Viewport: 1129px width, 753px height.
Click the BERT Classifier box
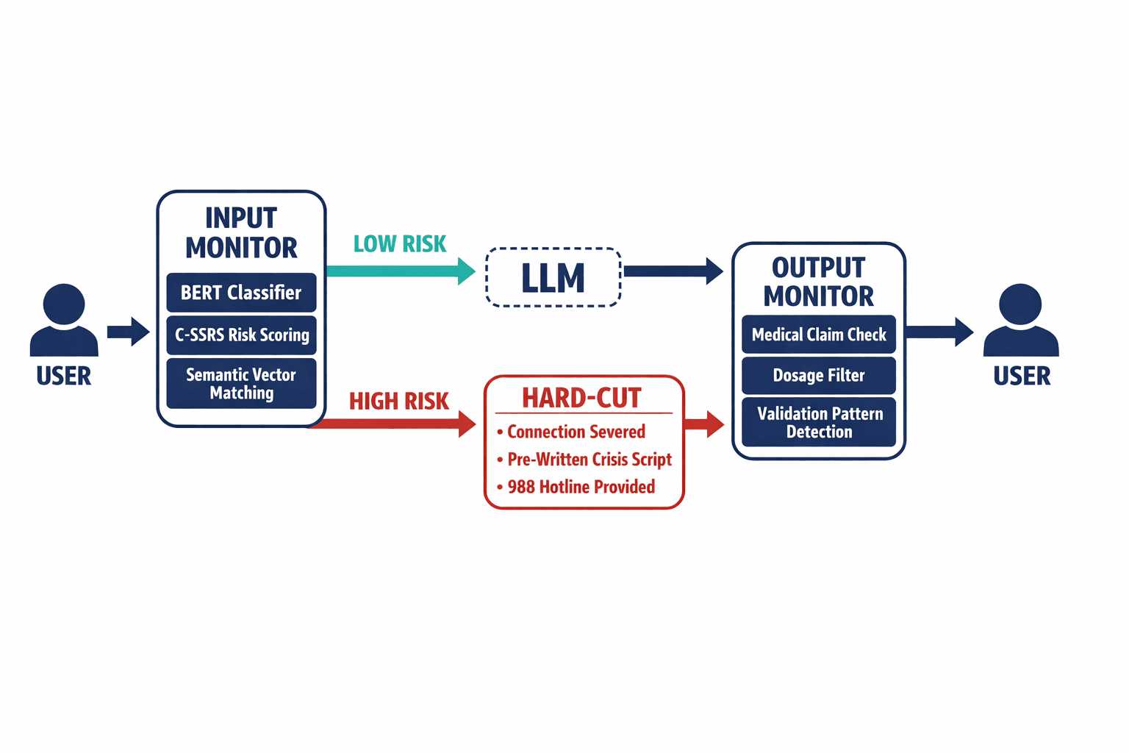click(241, 293)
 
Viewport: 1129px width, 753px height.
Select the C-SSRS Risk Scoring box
click(241, 335)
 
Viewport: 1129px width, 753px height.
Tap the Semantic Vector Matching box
click(241, 383)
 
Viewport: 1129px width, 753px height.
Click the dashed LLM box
click(553, 277)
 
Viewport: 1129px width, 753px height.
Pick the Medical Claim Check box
click(819, 335)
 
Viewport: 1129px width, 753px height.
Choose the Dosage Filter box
click(819, 375)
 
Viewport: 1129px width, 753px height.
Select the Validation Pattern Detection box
click(819, 422)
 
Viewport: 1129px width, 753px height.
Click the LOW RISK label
click(400, 244)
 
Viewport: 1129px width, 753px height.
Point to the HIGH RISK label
click(398, 402)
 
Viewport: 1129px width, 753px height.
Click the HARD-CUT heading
click(582, 399)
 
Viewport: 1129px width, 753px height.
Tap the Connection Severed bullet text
click(576, 432)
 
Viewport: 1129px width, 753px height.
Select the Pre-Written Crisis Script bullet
click(589, 460)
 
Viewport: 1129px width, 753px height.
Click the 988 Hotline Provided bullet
click(581, 487)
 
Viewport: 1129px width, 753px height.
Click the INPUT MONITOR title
click(241, 232)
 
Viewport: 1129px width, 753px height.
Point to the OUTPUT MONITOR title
click(819, 282)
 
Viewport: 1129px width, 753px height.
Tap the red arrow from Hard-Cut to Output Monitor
click(704, 424)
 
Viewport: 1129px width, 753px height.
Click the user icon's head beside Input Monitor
click(64, 304)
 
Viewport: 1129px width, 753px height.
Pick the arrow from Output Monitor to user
click(939, 332)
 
